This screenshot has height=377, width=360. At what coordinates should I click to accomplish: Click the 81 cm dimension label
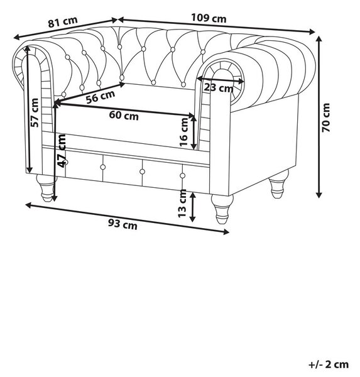tap(63, 22)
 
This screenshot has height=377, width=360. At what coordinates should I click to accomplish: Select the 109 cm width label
tap(209, 18)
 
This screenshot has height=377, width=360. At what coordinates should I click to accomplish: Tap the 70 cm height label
tap(326, 117)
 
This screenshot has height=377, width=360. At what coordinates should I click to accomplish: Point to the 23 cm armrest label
tap(219, 87)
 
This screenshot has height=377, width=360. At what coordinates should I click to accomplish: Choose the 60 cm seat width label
tap(124, 116)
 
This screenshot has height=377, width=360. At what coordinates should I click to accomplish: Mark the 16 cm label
tap(183, 132)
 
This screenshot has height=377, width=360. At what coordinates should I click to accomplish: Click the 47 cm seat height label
tap(62, 151)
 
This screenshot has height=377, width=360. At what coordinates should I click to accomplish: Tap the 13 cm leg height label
tap(182, 203)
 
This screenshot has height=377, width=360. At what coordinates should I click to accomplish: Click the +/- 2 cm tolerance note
tap(329, 364)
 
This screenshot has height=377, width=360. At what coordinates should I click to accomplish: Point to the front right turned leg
tap(222, 209)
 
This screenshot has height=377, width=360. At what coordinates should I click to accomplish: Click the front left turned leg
tap(46, 188)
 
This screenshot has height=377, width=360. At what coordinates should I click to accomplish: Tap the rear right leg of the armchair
tap(278, 183)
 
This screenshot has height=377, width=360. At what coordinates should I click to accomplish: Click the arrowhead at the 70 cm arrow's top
tap(319, 38)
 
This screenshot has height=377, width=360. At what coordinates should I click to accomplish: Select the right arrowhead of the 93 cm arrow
tap(226, 232)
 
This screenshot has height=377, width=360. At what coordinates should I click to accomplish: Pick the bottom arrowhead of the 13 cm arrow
tap(192, 219)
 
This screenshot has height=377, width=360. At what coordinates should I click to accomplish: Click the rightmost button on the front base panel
tap(183, 176)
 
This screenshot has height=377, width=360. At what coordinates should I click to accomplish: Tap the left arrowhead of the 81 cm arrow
tap(16, 37)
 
